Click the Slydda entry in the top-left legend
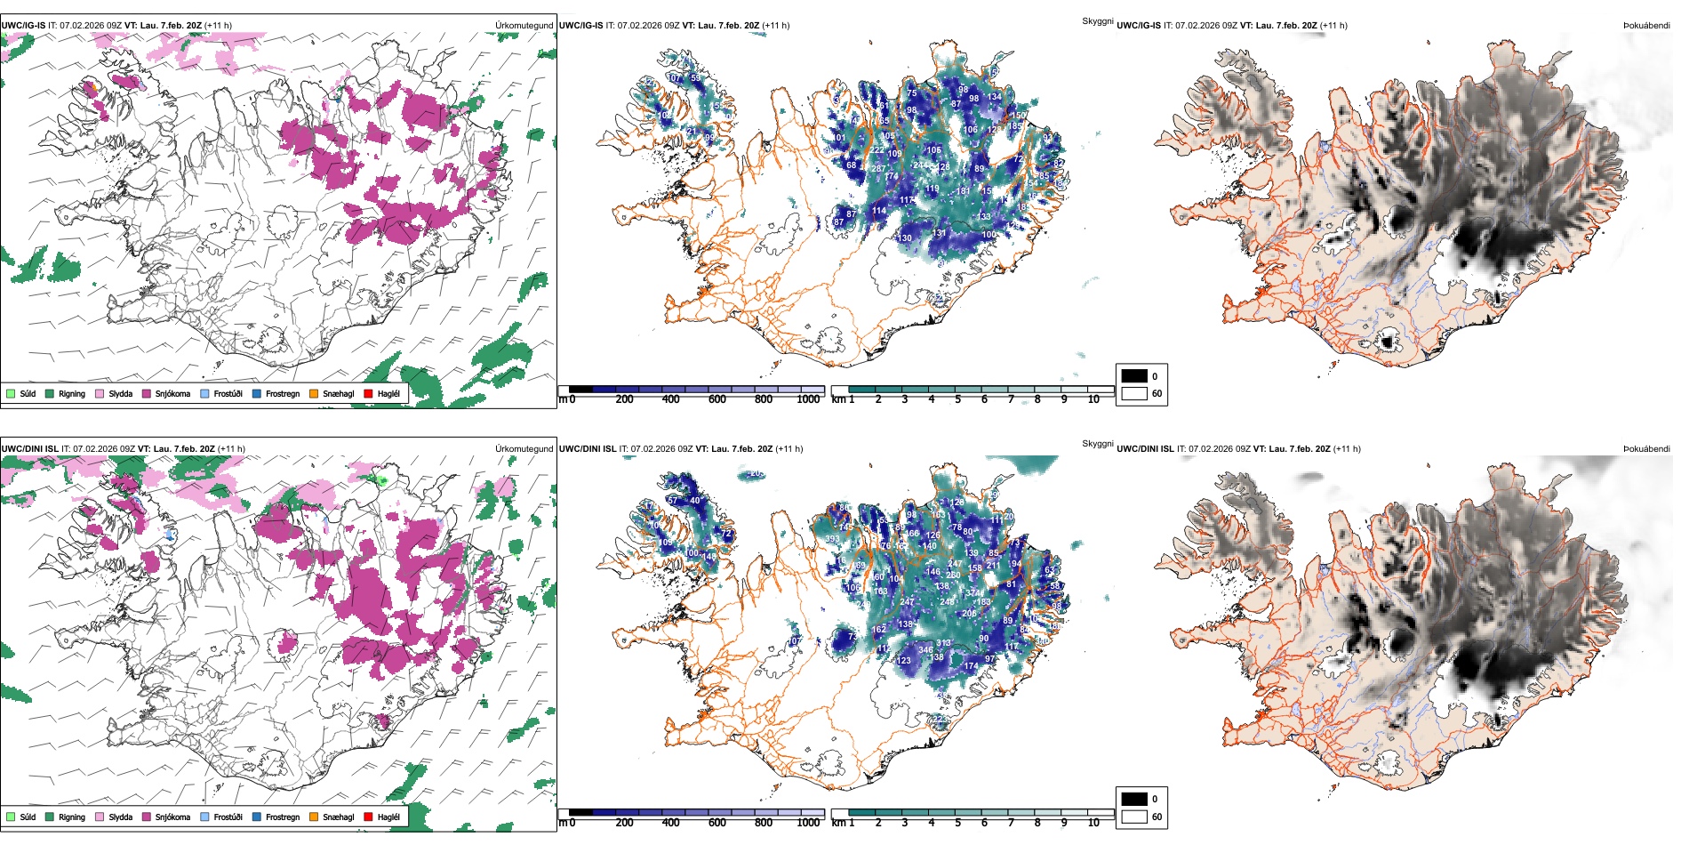120,393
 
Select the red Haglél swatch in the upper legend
368,393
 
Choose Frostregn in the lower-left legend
282,817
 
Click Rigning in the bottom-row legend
71,817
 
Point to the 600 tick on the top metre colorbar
717,399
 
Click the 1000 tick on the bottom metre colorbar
808,823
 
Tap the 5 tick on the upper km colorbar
958,399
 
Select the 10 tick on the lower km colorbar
1093,823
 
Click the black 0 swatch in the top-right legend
1134,375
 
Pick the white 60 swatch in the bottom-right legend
1134,817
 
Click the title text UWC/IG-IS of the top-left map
23,26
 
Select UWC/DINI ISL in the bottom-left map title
29,449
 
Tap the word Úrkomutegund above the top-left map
524,26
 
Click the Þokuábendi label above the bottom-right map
1646,449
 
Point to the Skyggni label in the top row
1097,20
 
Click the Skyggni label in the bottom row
1097,444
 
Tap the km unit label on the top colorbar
838,399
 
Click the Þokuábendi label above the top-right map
1646,26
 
